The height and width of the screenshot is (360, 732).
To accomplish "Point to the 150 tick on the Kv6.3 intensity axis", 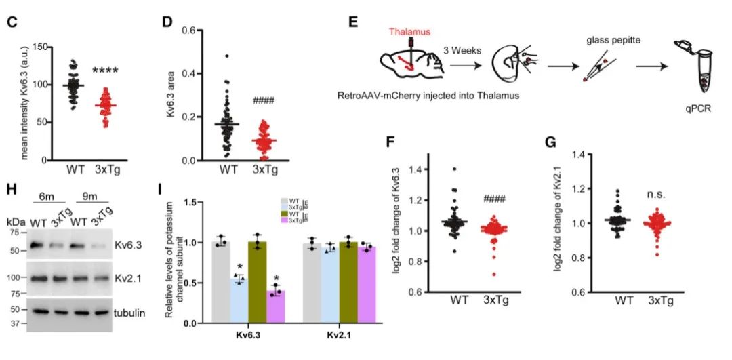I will click(45, 47).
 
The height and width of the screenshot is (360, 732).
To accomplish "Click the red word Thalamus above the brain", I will click(409, 31).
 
